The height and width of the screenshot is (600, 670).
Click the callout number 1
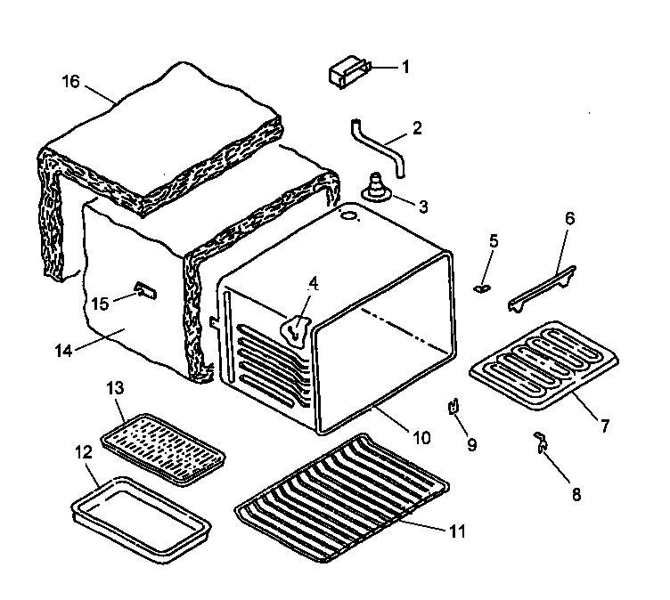click(x=405, y=66)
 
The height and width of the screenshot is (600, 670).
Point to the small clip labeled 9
click(x=453, y=407)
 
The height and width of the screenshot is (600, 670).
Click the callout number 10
click(x=421, y=437)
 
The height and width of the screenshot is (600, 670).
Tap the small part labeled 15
click(x=144, y=289)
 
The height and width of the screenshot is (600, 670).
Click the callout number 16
click(x=71, y=82)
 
